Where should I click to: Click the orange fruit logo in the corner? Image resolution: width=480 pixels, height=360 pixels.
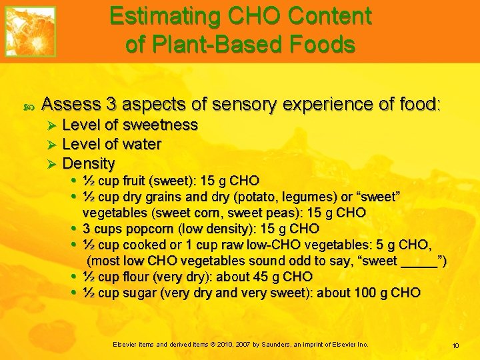[x=30, y=31]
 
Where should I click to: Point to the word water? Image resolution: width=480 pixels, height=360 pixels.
[x=143, y=144]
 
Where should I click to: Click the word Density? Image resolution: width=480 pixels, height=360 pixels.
[x=89, y=163]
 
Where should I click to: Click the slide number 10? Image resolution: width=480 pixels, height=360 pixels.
[x=455, y=345]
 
